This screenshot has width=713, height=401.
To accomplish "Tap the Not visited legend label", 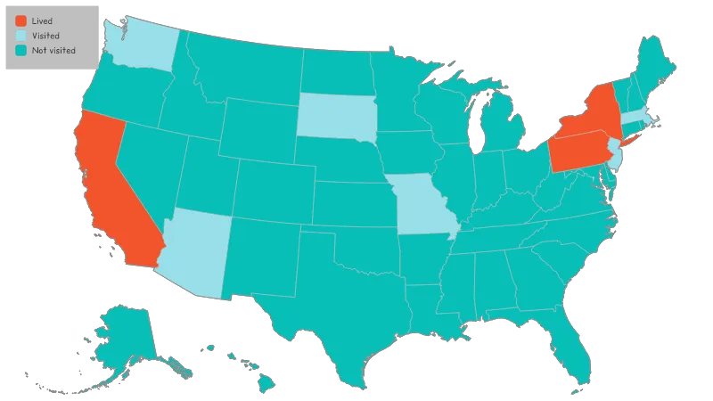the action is pyautogui.click(x=52, y=50).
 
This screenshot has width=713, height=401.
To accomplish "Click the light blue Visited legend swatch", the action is pyautogui.click(x=20, y=36).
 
